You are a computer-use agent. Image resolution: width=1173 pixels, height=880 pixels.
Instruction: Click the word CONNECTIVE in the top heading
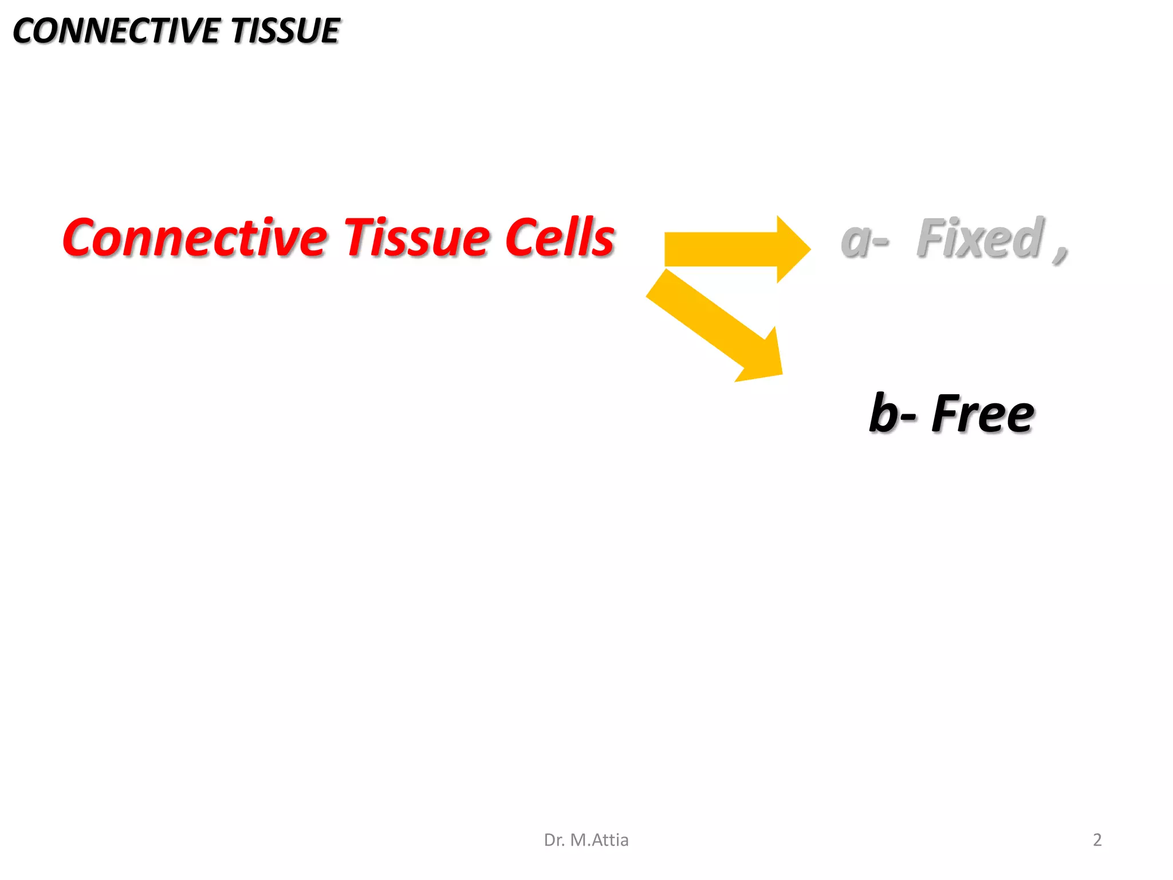[x=117, y=31]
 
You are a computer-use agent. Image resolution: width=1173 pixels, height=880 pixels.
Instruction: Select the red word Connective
[x=195, y=238]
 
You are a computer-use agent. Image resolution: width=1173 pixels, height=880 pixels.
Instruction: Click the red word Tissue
[x=415, y=238]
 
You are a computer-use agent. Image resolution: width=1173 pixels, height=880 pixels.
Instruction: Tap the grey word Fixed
[x=979, y=238]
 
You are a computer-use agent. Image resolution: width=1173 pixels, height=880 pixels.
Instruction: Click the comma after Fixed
[x=1060, y=252]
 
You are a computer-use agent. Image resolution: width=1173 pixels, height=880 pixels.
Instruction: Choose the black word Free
[x=982, y=414]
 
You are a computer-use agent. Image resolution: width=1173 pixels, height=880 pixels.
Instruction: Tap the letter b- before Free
[x=891, y=414]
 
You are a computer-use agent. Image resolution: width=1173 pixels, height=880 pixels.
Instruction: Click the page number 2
[x=1097, y=840]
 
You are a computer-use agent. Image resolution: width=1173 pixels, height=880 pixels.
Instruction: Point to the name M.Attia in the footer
[x=599, y=840]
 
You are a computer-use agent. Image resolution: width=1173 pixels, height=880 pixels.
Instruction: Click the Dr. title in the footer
[x=554, y=840]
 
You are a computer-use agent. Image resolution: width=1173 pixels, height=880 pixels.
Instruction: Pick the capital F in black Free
[x=945, y=414]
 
